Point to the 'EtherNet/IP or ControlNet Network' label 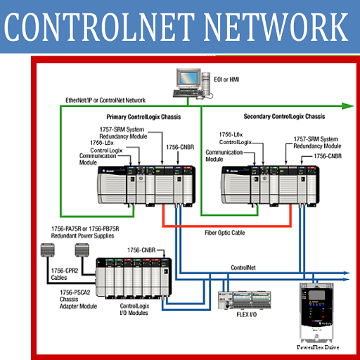[x=105, y=101]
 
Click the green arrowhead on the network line [x=347, y=106]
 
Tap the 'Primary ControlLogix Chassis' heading [x=147, y=116]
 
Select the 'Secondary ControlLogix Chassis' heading [x=283, y=116]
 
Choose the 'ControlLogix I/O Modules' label [x=138, y=310]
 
